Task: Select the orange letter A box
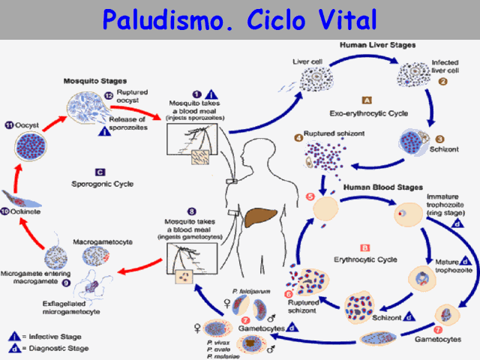367,99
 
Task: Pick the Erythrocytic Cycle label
366,258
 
